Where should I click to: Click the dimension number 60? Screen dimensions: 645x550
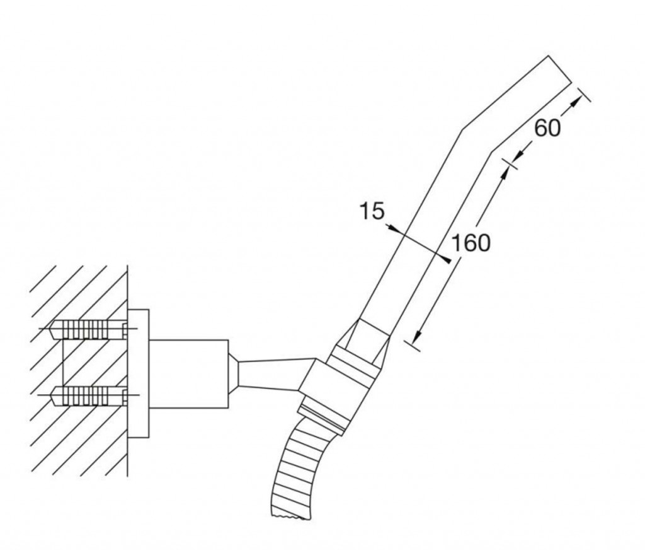547,127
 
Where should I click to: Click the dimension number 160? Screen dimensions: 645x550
471,243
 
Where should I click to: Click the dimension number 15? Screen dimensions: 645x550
372,211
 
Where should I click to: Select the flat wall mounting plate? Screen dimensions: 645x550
138,373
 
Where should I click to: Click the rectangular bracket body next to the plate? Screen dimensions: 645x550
189,374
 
